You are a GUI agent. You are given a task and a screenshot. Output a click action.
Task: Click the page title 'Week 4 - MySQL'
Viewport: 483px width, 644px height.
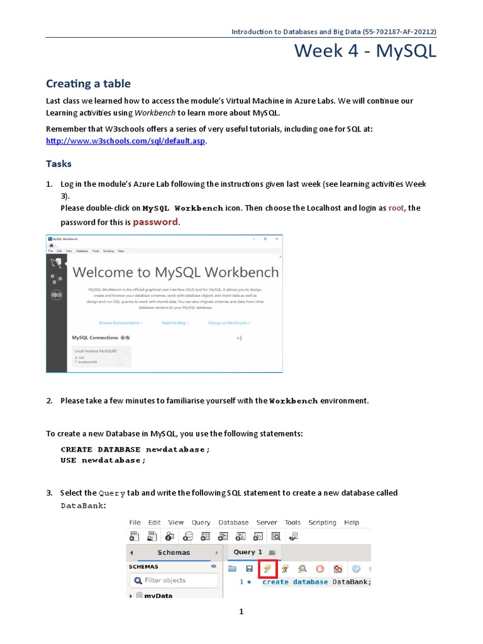click(365, 52)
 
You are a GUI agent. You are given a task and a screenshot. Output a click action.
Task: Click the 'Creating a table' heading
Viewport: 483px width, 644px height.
click(88, 84)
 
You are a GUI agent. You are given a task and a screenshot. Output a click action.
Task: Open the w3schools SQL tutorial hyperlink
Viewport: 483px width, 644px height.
click(126, 141)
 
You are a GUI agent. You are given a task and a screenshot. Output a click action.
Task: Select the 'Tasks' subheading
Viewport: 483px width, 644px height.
click(58, 164)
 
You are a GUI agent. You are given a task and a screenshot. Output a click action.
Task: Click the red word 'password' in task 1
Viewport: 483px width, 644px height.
click(155, 222)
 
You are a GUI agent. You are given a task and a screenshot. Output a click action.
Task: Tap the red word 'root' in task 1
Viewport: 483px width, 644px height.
click(396, 208)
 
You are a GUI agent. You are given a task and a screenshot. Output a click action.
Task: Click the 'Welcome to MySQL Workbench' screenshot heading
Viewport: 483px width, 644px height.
click(175, 272)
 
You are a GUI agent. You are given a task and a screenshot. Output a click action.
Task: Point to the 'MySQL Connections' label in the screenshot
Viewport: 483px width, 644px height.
click(95, 338)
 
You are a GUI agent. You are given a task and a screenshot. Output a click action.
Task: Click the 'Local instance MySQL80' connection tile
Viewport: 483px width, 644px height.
click(101, 355)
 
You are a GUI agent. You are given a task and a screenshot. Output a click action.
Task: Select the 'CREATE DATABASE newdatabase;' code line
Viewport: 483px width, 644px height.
click(135, 450)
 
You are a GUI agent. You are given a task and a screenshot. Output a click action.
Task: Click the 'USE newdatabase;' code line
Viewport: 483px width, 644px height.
click(103, 460)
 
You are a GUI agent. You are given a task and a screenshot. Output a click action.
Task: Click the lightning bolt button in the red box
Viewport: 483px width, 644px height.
click(268, 569)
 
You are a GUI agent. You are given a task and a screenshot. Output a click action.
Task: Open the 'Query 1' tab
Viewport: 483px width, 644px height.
click(248, 552)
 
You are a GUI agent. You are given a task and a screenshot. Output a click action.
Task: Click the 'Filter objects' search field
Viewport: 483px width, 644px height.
click(165, 580)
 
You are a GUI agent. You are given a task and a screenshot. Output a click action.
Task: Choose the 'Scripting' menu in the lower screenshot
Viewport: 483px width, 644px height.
click(322, 523)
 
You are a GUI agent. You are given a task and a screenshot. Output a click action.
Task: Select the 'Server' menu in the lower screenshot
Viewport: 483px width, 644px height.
click(267, 523)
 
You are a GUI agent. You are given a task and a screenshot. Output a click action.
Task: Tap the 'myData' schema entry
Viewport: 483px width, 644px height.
click(158, 596)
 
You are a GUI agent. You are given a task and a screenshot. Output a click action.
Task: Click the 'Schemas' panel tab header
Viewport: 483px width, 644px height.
click(173, 553)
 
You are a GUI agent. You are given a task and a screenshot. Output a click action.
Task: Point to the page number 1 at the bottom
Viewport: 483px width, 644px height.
click(241, 612)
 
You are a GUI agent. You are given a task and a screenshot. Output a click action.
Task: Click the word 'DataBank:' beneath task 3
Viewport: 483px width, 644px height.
click(83, 506)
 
